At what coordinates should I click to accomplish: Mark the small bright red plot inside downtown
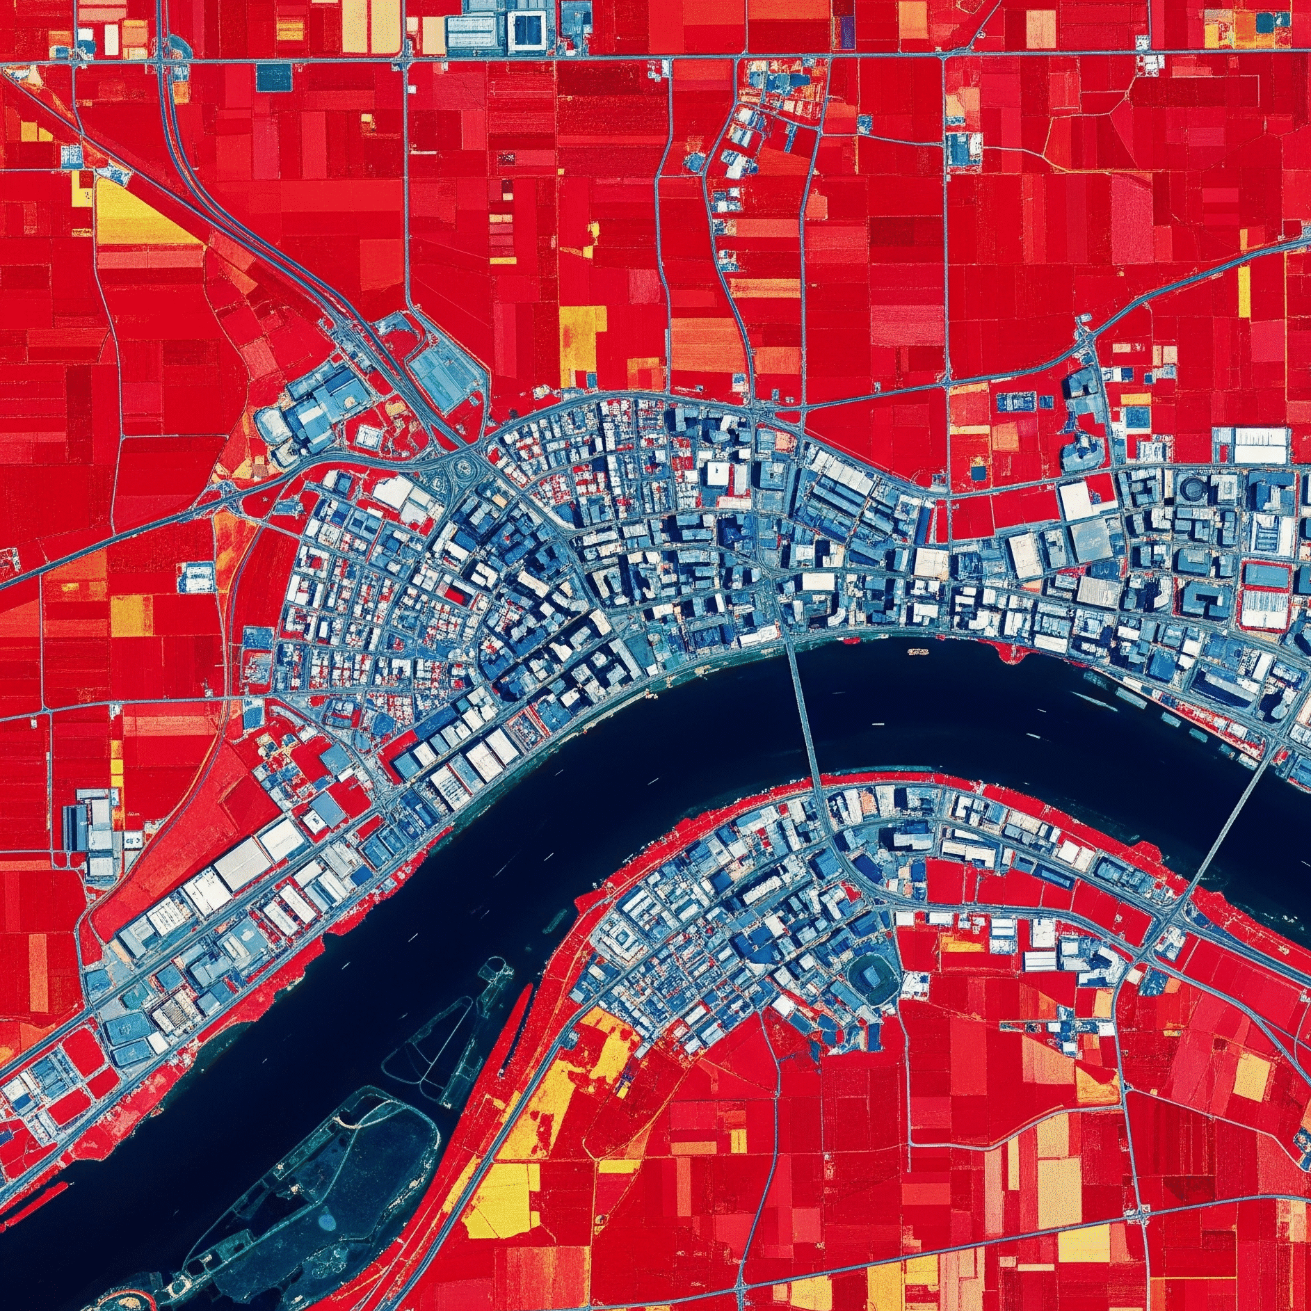point(456,593)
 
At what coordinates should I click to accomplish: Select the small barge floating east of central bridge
point(918,652)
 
